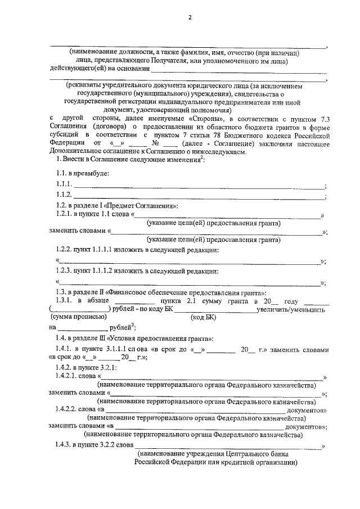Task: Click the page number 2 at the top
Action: (x=190, y=17)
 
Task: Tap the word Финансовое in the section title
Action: (x=130, y=293)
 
